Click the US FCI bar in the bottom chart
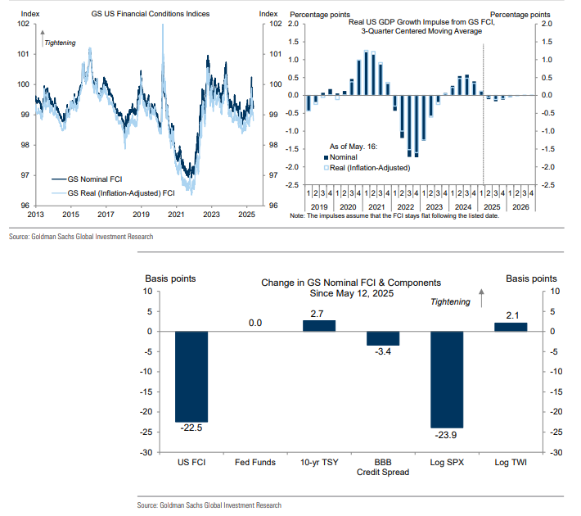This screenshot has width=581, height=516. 192,376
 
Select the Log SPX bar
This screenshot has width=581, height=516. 447,379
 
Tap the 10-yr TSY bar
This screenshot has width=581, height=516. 319,325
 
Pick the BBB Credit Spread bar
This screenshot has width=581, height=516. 383,338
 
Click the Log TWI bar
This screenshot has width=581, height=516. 511,327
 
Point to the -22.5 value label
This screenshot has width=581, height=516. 192,428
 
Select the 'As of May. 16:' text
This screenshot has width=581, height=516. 345,146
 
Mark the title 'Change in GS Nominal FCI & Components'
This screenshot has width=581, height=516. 350,283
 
